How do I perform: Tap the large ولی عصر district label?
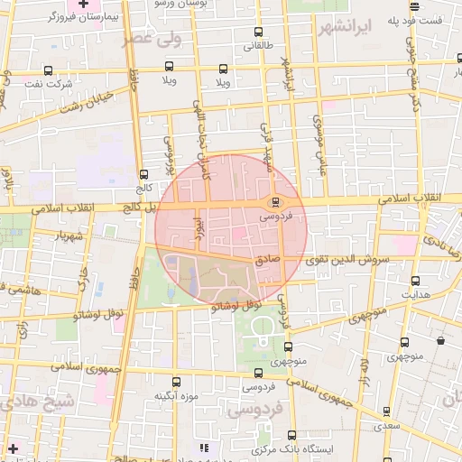click(x=155, y=38)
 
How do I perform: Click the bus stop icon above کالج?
click(x=143, y=175)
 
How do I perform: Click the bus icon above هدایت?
click(x=415, y=282)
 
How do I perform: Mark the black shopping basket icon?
click(x=440, y=340)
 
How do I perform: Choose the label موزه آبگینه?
click(x=175, y=395)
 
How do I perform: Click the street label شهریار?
click(x=68, y=236)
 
